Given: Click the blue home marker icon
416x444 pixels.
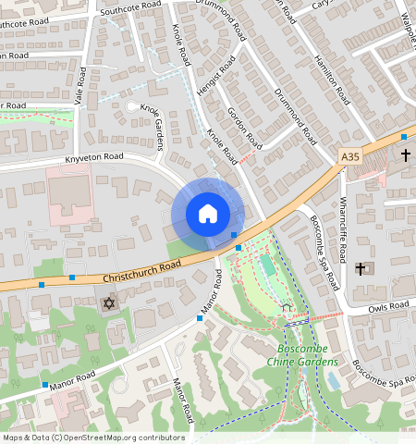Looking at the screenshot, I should (x=207, y=214).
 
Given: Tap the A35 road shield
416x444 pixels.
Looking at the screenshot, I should (x=350, y=157).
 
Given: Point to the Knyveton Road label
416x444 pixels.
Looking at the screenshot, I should (x=94, y=158).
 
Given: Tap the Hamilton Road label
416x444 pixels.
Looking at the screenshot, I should (x=330, y=75).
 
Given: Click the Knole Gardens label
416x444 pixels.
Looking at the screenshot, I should (x=152, y=121).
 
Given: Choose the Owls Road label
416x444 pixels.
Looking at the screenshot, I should (x=386, y=306).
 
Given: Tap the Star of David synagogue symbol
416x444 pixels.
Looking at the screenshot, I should (x=109, y=303).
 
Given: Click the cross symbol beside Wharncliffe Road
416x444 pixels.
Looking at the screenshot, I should (x=361, y=268).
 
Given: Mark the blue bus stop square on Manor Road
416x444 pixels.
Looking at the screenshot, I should (x=200, y=318).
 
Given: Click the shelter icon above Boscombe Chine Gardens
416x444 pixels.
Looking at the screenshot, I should (x=287, y=307).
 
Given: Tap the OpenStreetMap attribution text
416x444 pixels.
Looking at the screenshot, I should (x=92, y=438).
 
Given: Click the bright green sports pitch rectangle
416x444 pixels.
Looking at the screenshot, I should (x=268, y=266).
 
